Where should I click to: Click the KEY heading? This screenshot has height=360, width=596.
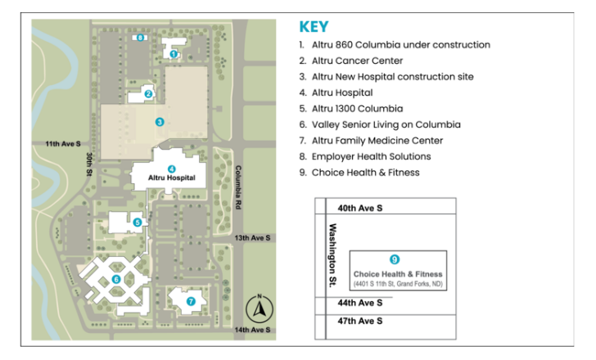click(x=314, y=27)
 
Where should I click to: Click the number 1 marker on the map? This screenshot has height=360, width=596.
click(x=174, y=54)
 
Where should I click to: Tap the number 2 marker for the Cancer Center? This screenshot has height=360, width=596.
click(x=148, y=93)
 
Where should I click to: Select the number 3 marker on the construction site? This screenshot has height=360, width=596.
click(x=160, y=122)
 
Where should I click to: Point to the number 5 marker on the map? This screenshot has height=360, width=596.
click(x=138, y=222)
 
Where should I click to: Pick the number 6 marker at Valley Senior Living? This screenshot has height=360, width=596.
click(x=115, y=279)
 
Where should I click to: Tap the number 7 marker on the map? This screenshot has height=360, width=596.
click(x=191, y=300)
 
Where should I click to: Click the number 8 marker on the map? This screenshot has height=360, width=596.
click(x=141, y=37)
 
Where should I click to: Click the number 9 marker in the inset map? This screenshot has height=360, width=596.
click(x=395, y=259)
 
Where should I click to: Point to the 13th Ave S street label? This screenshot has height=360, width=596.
click(x=252, y=237)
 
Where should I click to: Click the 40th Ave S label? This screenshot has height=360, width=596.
click(x=360, y=209)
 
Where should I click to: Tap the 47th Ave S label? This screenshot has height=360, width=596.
click(x=360, y=321)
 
